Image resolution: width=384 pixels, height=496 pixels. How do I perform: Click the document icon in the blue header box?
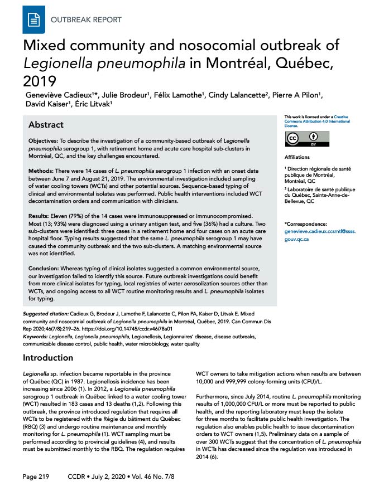coord(33,20)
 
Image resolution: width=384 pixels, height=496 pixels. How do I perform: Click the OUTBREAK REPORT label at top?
coord(86,20)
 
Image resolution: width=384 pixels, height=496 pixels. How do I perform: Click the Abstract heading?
coord(46,125)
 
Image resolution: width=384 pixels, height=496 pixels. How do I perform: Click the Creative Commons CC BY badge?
coord(308,139)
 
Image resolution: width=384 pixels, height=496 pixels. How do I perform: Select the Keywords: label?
coord(37,336)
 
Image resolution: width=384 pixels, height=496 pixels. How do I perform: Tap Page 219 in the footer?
coord(36,477)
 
